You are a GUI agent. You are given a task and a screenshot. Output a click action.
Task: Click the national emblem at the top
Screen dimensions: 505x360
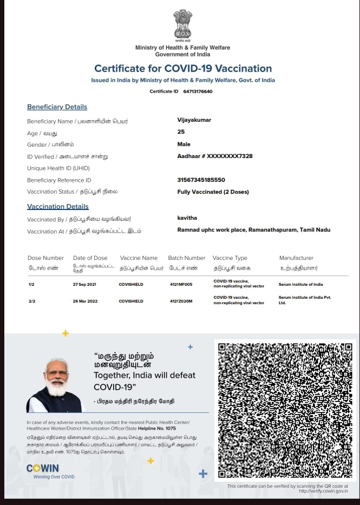(182, 25)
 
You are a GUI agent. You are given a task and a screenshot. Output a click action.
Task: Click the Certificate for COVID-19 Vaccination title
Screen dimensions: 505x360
(183, 69)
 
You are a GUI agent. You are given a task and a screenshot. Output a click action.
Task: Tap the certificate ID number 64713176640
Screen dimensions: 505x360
(198, 91)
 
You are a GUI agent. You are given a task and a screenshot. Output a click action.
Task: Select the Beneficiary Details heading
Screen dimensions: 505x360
(57, 107)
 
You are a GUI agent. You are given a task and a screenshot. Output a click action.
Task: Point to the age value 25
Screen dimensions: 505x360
(181, 132)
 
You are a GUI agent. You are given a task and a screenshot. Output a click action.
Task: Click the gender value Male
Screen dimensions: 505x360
(184, 145)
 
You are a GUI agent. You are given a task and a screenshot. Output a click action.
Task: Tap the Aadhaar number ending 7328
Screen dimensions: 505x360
(214, 156)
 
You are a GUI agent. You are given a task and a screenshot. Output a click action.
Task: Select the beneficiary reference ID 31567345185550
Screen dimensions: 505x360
(201, 180)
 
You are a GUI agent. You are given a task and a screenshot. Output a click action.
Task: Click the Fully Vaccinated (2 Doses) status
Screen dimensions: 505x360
(213, 192)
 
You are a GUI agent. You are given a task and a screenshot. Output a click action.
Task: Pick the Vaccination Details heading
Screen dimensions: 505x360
(58, 207)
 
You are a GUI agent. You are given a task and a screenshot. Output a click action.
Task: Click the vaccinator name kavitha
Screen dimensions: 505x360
(187, 218)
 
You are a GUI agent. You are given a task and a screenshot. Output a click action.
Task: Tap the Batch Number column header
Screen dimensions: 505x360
(187, 258)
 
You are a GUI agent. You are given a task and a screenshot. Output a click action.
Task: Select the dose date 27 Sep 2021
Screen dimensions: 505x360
(84, 284)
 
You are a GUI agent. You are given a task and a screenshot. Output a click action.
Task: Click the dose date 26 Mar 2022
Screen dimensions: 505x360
(84, 301)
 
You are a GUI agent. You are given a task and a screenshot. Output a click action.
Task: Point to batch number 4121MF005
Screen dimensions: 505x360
(181, 284)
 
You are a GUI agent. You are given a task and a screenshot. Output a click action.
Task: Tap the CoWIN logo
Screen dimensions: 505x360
(43, 468)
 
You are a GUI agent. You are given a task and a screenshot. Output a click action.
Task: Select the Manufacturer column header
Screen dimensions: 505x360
(296, 258)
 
